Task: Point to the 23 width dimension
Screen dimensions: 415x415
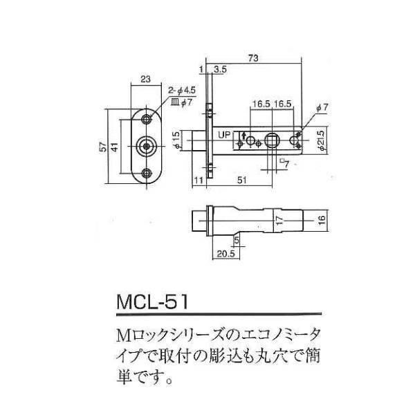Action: point(146,79)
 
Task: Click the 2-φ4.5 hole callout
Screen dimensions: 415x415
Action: point(183,91)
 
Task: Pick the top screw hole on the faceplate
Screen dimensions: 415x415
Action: point(146,120)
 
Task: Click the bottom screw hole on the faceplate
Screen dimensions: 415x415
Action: point(146,173)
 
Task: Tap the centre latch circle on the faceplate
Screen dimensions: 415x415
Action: point(146,146)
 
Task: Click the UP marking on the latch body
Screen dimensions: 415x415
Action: point(225,135)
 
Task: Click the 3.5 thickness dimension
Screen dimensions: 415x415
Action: point(221,69)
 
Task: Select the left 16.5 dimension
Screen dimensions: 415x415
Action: point(261,103)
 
